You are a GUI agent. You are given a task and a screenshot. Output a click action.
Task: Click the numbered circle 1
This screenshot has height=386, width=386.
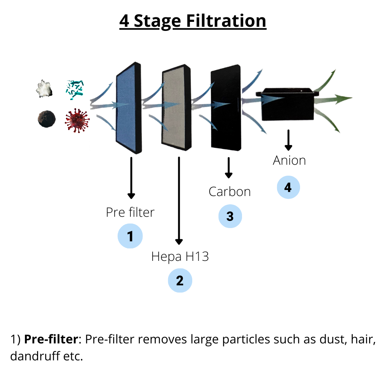coord(130,236)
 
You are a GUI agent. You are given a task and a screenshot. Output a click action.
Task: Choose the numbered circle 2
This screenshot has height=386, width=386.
coord(180,280)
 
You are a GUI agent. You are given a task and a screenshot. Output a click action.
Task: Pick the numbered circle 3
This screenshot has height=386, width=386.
coord(230,216)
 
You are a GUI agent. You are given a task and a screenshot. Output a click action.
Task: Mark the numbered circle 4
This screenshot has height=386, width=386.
coord(288,187)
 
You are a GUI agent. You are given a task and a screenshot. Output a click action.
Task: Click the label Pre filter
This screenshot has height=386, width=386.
coord(130,212)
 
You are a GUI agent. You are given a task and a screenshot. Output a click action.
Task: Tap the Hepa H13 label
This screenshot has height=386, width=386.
coord(180,257)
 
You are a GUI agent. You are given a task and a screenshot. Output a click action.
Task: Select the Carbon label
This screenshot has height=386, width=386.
coord(230,191)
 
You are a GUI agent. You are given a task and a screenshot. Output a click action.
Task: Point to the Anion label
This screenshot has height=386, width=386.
coord(289,161)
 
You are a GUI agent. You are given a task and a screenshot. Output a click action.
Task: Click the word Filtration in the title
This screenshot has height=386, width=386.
coord(226,21)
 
